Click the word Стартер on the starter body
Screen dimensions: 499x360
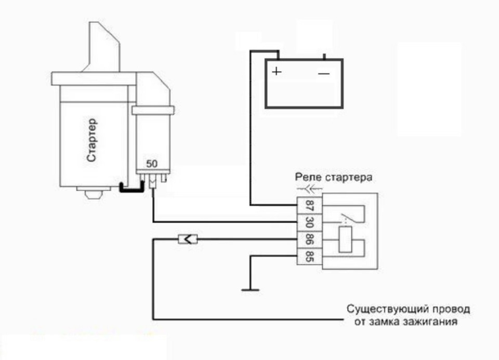click(x=91, y=140)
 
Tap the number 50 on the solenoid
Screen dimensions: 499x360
click(x=152, y=164)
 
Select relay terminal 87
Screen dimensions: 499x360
click(x=309, y=205)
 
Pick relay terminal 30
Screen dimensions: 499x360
click(x=309, y=222)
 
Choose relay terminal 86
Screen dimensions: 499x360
click(x=309, y=239)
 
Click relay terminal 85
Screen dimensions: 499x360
click(x=309, y=256)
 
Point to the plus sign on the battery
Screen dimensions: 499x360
click(x=277, y=71)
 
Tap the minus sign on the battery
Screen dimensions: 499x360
click(x=324, y=73)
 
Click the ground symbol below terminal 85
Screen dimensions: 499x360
click(x=251, y=290)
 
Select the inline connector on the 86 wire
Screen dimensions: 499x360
click(x=188, y=239)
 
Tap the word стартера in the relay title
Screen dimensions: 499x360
click(x=348, y=178)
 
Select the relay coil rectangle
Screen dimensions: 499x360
click(x=345, y=240)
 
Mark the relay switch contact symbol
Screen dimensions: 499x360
click(x=347, y=218)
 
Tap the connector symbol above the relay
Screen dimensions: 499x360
click(x=310, y=189)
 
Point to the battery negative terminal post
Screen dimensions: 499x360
click(x=324, y=57)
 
